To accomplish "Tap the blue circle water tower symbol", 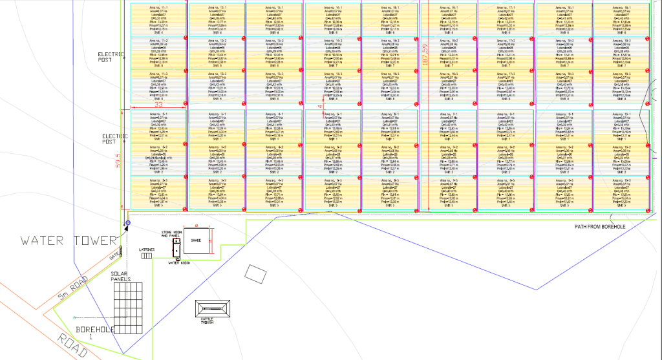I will (127, 224).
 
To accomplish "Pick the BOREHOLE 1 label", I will (94, 332).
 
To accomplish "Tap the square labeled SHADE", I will (197, 240).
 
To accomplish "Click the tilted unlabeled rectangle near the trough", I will (255, 273).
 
